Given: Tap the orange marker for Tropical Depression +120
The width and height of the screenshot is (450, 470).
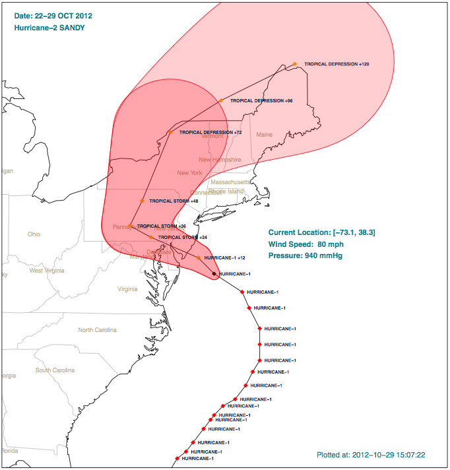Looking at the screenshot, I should click(295, 64).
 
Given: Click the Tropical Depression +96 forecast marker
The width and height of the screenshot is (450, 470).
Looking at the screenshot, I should click(221, 100).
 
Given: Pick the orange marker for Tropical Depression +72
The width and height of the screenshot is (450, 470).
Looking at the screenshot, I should click(170, 132).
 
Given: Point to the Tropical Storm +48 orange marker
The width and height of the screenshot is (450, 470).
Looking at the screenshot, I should click(142, 201).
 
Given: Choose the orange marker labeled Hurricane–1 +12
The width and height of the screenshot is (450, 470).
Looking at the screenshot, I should click(198, 257).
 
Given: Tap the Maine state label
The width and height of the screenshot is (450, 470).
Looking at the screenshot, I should click(264, 135).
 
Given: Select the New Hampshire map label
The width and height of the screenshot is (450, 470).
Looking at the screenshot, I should click(220, 160).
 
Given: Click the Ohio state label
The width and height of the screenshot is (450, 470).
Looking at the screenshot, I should click(34, 234).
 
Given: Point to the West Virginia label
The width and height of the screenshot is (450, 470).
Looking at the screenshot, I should click(46, 271).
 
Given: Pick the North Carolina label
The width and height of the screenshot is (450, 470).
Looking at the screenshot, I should click(97, 330).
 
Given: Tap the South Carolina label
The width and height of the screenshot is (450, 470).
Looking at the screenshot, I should click(55, 370).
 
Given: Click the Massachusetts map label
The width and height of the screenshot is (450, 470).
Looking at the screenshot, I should click(230, 182).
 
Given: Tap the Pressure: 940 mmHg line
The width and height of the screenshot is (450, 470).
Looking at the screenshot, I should click(312, 255).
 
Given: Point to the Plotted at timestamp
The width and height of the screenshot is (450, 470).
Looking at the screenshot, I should click(370, 455).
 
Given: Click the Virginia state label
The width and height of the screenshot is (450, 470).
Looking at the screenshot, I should click(127, 289).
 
